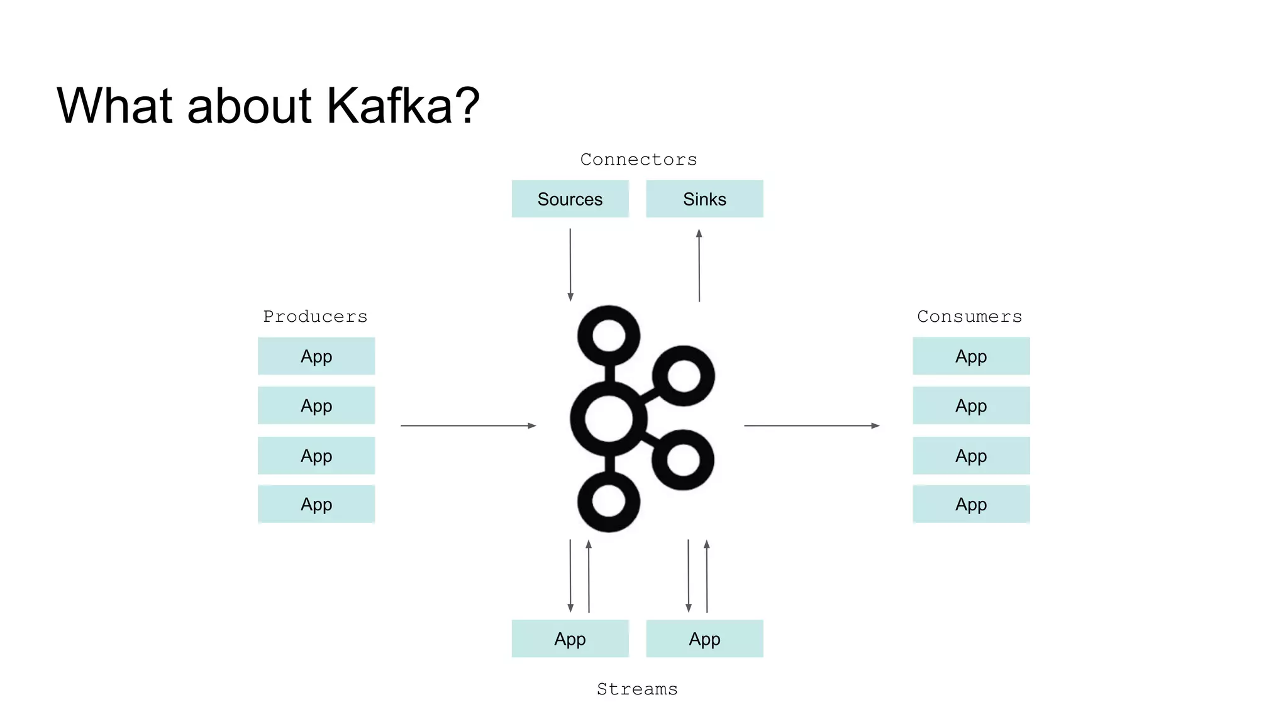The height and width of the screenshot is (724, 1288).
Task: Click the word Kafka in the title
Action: [389, 106]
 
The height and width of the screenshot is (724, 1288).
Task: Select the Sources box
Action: [570, 199]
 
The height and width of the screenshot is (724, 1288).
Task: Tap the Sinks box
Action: [704, 199]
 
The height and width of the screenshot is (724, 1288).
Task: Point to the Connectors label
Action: [638, 160]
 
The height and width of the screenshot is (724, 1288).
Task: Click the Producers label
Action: [315, 317]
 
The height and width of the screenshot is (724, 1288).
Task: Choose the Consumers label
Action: [969, 317]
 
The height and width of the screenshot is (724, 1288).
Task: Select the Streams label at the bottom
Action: [637, 689]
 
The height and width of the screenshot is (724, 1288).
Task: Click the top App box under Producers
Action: [316, 356]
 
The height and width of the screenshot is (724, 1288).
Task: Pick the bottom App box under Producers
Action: [316, 504]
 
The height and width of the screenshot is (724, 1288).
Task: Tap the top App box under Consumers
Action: [971, 356]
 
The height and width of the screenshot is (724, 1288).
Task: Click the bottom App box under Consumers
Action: [971, 504]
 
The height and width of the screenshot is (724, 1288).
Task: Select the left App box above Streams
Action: [570, 639]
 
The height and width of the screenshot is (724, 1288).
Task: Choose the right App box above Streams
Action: [704, 639]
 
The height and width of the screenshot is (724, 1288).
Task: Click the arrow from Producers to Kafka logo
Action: [468, 426]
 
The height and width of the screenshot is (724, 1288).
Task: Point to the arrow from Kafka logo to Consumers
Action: [811, 426]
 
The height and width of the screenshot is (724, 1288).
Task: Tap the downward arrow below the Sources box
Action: [570, 265]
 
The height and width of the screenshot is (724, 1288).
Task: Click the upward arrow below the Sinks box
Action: [699, 265]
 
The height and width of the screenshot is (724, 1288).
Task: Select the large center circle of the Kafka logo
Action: [608, 419]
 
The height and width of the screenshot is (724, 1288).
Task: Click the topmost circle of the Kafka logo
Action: [608, 335]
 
